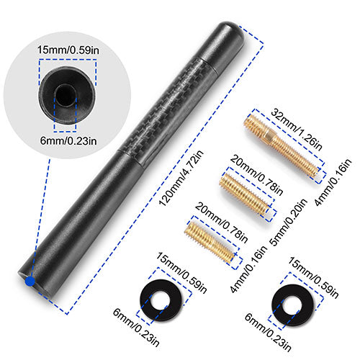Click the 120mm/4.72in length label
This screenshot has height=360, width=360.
[181, 178]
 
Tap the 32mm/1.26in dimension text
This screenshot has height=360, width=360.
[297, 129]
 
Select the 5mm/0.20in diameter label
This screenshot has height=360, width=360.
[289, 222]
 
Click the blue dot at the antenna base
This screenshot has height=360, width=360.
[30, 281]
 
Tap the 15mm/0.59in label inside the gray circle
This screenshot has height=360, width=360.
[68, 50]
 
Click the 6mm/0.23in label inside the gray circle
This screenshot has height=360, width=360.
[68, 140]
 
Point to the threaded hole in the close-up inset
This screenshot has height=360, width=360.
[66, 94]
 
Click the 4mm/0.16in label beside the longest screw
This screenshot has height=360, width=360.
[333, 182]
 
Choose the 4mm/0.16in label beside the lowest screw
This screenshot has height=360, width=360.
[248, 269]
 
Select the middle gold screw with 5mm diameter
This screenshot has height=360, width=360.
[244, 194]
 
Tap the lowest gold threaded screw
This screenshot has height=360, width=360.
[210, 242]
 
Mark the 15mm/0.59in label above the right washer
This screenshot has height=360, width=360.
[313, 277]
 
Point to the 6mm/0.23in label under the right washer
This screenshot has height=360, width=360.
[268, 332]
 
